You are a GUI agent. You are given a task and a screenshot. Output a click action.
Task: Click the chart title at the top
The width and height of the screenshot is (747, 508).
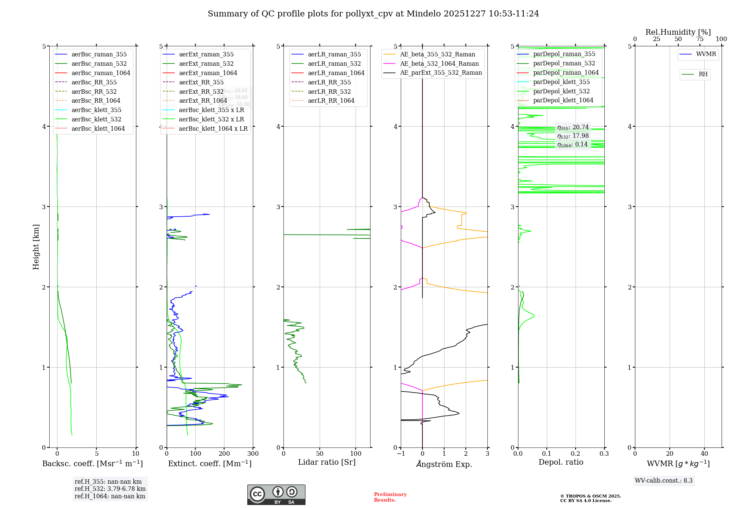(x=373, y=14)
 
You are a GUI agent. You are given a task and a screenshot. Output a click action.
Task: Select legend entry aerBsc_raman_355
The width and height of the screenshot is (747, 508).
(x=99, y=55)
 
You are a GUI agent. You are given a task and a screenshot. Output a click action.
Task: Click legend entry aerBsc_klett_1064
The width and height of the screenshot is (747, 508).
(x=98, y=129)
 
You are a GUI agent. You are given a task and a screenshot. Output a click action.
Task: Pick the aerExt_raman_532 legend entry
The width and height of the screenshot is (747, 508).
(x=206, y=64)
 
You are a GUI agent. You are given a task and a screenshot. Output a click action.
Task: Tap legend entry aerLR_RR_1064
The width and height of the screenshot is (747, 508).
(x=331, y=101)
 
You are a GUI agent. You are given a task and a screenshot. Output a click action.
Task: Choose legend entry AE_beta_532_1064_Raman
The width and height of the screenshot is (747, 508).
(x=439, y=64)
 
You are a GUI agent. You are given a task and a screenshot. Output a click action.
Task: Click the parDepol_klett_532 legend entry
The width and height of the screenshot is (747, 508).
(x=561, y=92)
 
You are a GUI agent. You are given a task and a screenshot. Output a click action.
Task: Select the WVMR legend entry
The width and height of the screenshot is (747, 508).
(x=706, y=55)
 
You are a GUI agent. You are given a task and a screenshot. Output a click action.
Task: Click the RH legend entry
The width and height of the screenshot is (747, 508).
(x=703, y=74)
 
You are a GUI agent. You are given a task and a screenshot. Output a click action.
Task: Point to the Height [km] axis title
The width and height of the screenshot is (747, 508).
(x=36, y=247)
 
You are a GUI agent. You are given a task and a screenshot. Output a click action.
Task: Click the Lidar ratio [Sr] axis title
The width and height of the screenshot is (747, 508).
(x=327, y=462)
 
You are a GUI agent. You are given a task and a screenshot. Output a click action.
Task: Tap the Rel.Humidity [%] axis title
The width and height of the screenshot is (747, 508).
(x=678, y=32)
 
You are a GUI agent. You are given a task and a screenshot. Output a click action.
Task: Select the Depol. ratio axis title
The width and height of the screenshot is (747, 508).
(x=561, y=462)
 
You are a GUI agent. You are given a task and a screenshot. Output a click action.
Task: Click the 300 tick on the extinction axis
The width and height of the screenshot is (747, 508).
(x=253, y=454)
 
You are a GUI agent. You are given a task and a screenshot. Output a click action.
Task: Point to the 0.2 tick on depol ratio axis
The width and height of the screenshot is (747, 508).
(x=576, y=454)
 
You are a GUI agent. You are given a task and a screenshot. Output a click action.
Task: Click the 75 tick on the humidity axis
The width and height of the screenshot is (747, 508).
(x=700, y=39)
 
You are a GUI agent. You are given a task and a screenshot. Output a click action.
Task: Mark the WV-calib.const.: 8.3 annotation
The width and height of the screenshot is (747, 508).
(x=664, y=481)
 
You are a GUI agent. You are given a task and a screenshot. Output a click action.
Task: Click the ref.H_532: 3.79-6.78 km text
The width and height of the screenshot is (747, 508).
(x=110, y=489)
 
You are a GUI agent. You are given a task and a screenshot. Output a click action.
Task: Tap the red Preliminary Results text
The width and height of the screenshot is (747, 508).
(x=390, y=497)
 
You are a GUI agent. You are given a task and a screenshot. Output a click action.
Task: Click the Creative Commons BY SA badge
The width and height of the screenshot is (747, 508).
(x=276, y=495)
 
